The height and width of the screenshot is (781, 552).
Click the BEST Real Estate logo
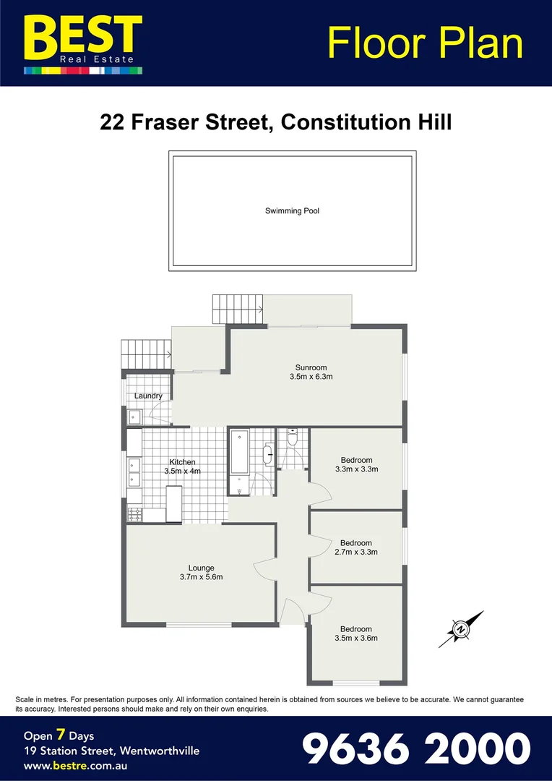coord(83,42)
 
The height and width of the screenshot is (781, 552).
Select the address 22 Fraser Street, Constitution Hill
coord(276,121)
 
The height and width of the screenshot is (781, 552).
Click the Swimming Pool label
coord(292,211)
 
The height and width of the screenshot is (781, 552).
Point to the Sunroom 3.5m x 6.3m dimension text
coord(311,377)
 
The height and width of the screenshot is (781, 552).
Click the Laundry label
coord(148,396)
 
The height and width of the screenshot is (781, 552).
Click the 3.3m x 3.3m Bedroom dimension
coord(356,469)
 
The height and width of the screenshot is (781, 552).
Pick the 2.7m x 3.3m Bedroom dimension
coord(355,552)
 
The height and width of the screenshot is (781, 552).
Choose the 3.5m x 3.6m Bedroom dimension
coord(355,638)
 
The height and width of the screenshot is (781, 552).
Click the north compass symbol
coord(460,629)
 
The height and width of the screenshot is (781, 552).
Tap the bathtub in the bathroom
coord(239,461)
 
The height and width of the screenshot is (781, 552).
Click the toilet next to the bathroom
coord(292,437)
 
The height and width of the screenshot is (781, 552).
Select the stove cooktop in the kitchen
coord(134,515)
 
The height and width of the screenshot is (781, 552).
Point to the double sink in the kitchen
coord(134,472)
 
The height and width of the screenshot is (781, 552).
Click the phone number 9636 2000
coord(415,748)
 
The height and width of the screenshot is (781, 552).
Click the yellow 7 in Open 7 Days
coord(61,735)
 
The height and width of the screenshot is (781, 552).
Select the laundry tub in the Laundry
coord(134,416)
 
